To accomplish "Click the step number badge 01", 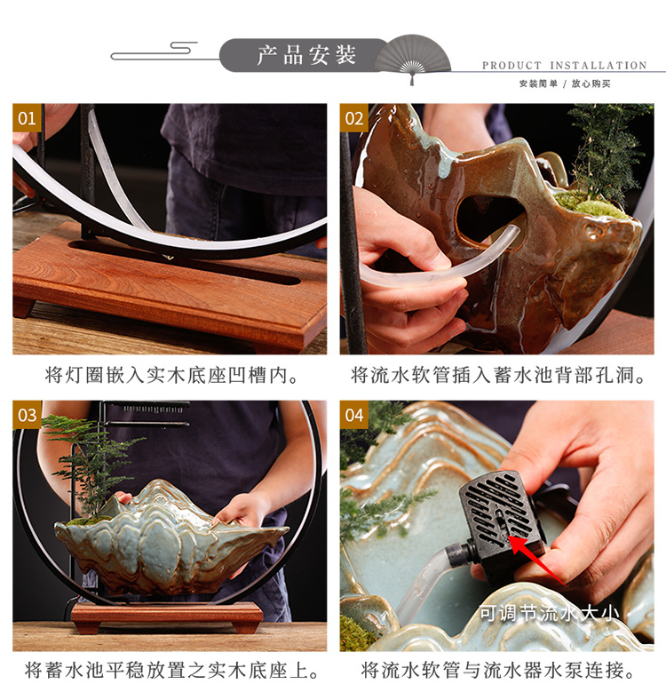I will click(28, 118).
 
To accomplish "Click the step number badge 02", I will click(354, 118).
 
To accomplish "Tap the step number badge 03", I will click(28, 415).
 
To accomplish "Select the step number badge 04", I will click(354, 415).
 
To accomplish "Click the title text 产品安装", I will click(306, 55).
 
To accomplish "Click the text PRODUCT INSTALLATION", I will click(564, 66).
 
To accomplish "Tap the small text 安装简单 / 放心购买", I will click(564, 84).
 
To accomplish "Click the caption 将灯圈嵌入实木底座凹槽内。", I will click(172, 376).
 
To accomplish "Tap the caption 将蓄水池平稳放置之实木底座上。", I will click(172, 671).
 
